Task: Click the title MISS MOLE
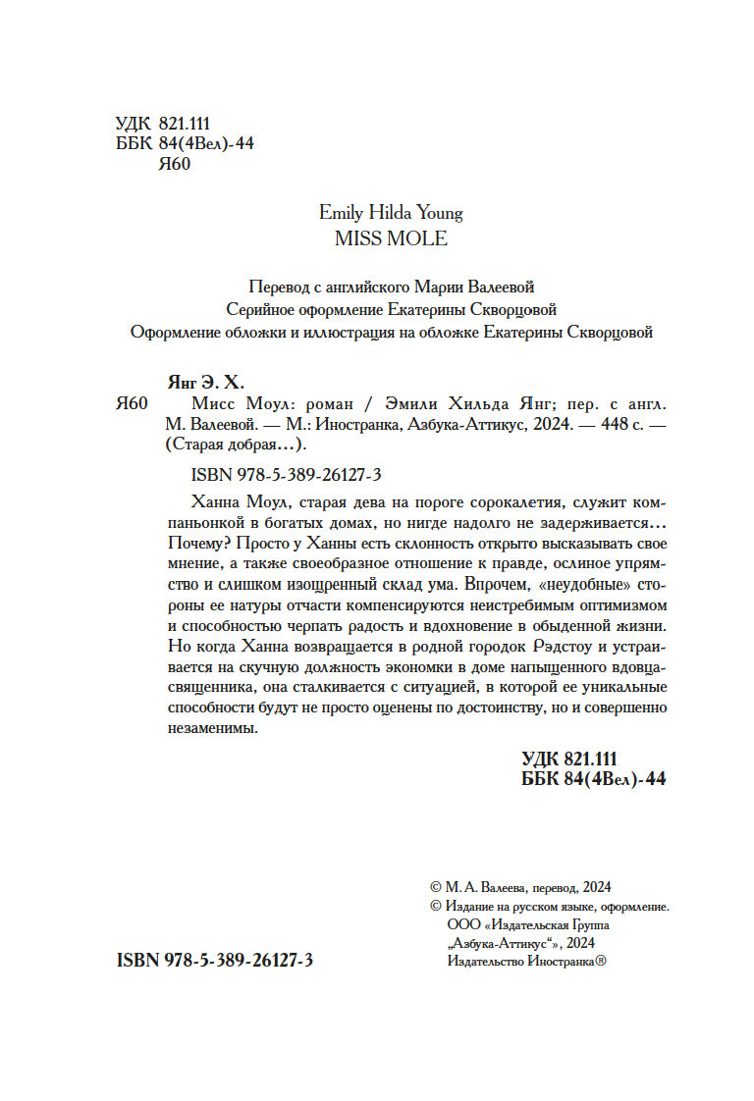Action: [391, 238]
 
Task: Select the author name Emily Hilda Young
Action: [391, 212]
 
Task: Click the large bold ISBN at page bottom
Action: [215, 962]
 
